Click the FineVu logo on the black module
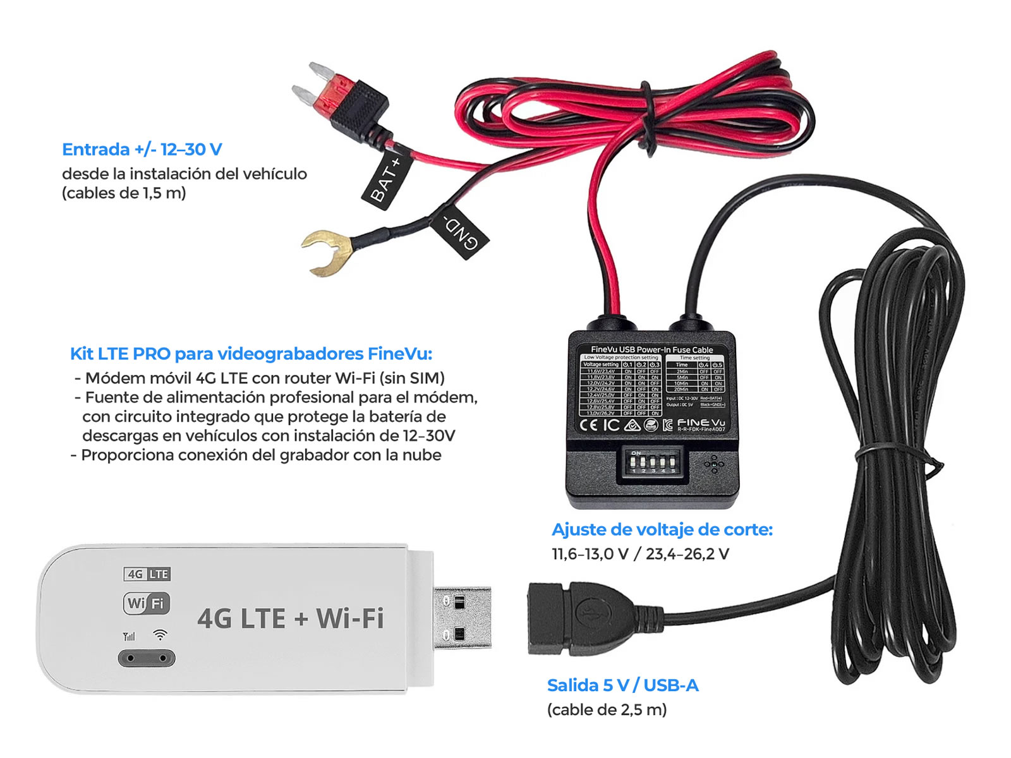(x=701, y=423)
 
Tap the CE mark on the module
(x=588, y=424)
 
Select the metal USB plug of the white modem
(x=462, y=618)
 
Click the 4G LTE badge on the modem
(x=147, y=574)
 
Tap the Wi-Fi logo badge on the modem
(x=147, y=603)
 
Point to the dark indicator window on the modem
(x=147, y=658)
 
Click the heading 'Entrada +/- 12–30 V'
(x=142, y=150)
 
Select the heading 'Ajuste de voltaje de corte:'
(x=662, y=529)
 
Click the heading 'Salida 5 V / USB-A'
(x=622, y=685)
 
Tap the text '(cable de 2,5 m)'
(x=607, y=710)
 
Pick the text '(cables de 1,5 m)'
(x=124, y=193)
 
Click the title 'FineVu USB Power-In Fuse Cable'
(x=651, y=349)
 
